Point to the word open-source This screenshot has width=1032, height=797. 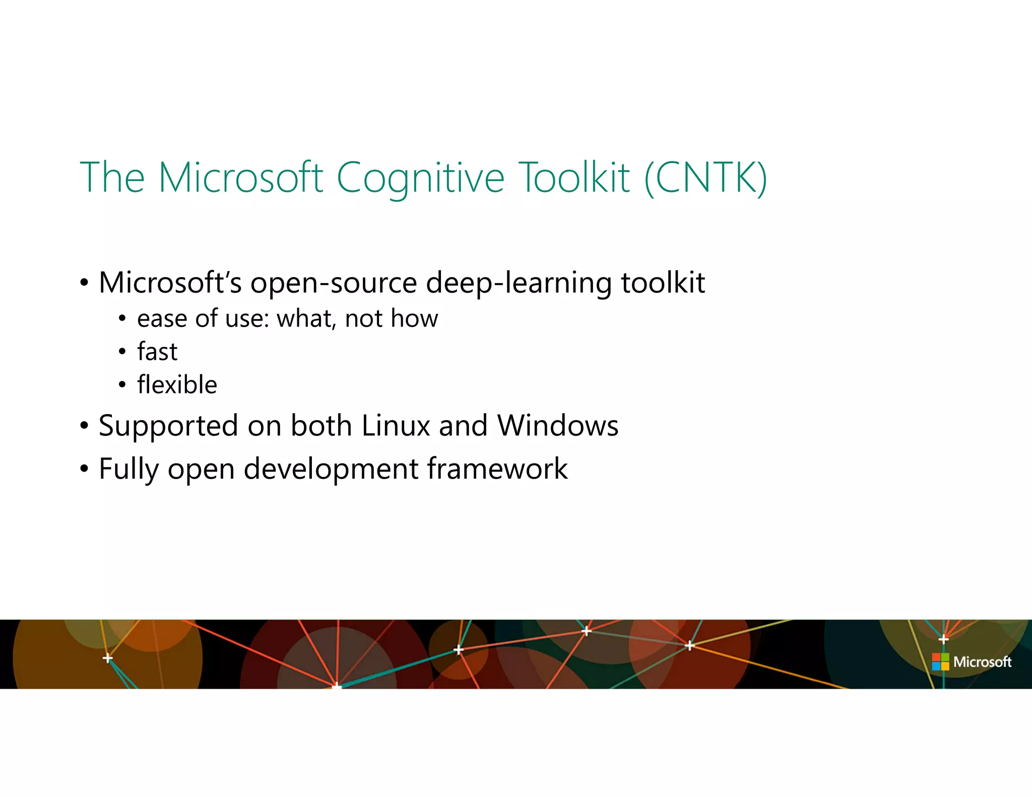click(334, 283)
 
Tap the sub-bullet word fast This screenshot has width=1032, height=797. click(157, 351)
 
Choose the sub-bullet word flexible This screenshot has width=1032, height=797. click(177, 384)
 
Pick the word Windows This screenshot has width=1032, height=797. click(558, 426)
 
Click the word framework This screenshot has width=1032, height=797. click(497, 469)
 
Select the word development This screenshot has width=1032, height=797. click(331, 470)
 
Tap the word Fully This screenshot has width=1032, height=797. click(129, 470)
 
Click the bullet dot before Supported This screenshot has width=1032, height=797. click(84, 426)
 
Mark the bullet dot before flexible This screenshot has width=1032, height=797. click(122, 385)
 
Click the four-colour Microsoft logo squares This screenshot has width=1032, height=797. click(940, 661)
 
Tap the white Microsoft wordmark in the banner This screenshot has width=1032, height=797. click(982, 661)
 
